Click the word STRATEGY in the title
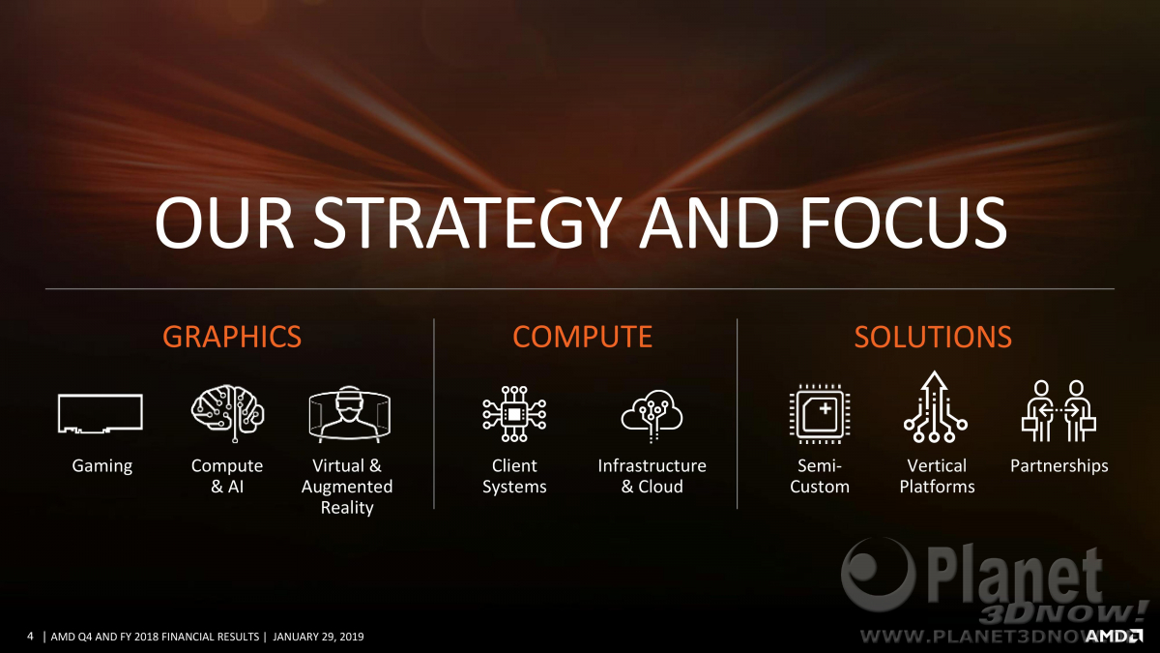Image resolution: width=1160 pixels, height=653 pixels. tap(468, 223)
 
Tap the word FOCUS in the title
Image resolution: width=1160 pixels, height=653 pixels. tap(904, 223)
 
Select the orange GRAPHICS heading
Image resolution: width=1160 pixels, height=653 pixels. tap(232, 337)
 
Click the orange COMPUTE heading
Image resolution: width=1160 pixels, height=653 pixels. tap(583, 337)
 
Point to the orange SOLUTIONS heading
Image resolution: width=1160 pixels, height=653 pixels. tap(933, 337)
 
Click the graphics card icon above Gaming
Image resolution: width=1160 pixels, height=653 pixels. tap(101, 413)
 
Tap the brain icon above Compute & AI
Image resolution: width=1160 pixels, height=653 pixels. tap(228, 413)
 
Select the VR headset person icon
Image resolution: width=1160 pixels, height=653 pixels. tap(350, 414)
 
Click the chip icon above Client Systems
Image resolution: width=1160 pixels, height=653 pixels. tap(513, 414)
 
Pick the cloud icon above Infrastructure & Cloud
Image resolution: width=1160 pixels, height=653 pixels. tap(652, 415)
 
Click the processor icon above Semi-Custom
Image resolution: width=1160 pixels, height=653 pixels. tap(820, 414)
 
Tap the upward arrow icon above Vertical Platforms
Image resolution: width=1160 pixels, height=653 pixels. tap(935, 407)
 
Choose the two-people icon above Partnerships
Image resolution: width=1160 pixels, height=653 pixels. tap(1058, 411)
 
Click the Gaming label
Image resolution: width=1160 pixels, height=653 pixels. tap(102, 466)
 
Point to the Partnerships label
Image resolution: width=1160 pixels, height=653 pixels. tap(1059, 466)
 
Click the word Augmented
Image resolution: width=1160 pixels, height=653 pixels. tap(347, 488)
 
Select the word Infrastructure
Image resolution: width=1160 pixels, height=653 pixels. tap(652, 466)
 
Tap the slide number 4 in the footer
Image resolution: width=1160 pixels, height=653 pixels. tap(30, 637)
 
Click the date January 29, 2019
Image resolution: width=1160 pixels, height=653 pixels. tap(318, 637)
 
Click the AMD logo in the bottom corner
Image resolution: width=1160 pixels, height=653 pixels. tap(1114, 636)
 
